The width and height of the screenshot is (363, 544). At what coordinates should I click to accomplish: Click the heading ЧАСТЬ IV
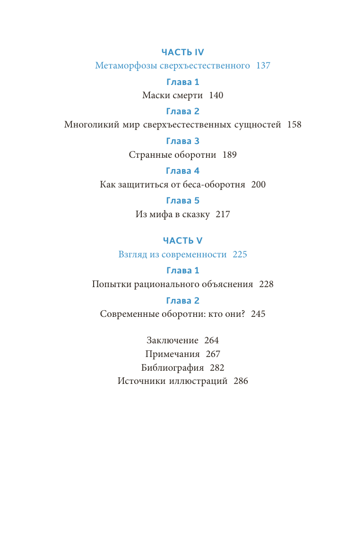(182, 52)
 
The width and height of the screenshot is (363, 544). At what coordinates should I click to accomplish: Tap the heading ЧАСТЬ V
(182, 241)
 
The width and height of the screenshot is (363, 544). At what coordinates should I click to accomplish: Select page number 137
(263, 66)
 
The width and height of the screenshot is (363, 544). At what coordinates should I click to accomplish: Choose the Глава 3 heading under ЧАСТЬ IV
(182, 141)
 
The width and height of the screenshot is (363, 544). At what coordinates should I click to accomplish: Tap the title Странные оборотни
(173, 155)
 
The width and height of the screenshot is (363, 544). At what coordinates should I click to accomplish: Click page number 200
(259, 185)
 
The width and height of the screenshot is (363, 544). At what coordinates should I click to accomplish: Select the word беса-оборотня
(216, 185)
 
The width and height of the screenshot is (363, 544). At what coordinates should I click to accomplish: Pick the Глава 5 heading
(182, 201)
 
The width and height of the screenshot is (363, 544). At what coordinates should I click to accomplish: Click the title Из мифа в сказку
(173, 214)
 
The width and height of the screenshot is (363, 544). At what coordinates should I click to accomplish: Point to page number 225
(240, 255)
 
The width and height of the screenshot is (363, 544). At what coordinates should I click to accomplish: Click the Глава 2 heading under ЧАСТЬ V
(182, 301)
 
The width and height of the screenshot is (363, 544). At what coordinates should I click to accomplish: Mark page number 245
(258, 314)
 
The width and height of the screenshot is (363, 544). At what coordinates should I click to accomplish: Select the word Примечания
(173, 354)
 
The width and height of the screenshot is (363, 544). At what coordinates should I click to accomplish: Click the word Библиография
(173, 368)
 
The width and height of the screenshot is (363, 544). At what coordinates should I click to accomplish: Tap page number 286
(241, 382)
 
